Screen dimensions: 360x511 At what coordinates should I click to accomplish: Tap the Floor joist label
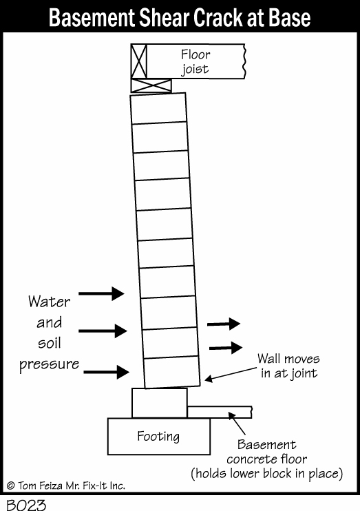click(195, 61)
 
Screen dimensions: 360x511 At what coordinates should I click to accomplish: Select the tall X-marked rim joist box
click(139, 61)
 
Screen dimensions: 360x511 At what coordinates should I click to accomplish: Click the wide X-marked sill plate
click(151, 85)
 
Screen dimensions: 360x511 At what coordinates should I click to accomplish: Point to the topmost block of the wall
click(158, 109)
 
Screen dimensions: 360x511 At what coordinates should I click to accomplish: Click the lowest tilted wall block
click(172, 372)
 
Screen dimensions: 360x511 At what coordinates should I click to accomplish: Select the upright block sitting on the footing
click(160, 403)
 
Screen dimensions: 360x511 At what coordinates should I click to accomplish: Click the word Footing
click(158, 437)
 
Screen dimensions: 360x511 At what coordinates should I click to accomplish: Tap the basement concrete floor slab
click(220, 412)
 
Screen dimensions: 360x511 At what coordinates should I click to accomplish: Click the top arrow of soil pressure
click(101, 293)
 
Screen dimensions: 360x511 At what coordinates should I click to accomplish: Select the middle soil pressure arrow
click(103, 331)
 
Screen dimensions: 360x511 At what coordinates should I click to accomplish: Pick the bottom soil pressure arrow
click(106, 372)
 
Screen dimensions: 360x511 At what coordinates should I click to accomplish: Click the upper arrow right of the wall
click(224, 324)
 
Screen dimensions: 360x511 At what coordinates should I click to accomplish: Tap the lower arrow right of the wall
click(226, 348)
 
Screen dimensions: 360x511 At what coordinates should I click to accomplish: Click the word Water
click(49, 302)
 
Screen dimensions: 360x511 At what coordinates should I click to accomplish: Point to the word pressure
click(49, 365)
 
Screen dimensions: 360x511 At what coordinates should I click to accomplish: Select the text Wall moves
click(288, 359)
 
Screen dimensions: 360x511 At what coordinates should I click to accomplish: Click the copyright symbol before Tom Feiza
click(11, 486)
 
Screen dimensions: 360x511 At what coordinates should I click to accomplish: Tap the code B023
click(26, 505)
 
